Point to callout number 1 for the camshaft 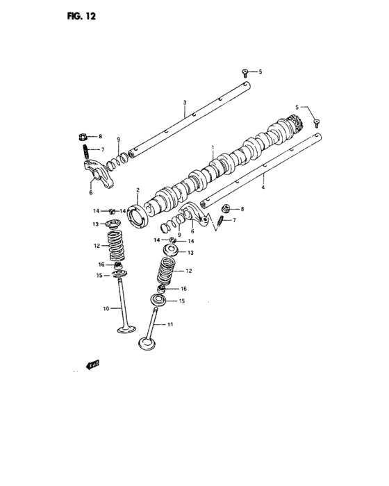click(x=213, y=148)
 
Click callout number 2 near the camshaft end click(x=138, y=190)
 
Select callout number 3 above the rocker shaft click(x=185, y=103)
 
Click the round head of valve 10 click(x=126, y=328)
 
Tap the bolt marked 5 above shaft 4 click(x=316, y=121)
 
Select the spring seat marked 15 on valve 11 click(x=158, y=301)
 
